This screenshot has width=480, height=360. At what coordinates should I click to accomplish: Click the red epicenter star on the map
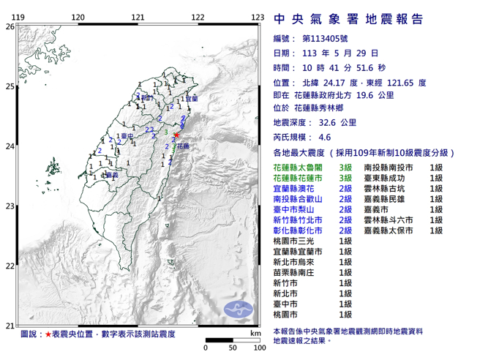tap(177, 135)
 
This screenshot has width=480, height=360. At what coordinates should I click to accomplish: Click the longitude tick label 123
tap(257, 17)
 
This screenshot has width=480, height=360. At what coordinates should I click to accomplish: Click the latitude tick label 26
tap(10, 26)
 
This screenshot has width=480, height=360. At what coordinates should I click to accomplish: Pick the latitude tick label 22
tap(10, 266)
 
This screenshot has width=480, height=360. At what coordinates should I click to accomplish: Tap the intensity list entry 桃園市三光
tap(291, 241)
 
